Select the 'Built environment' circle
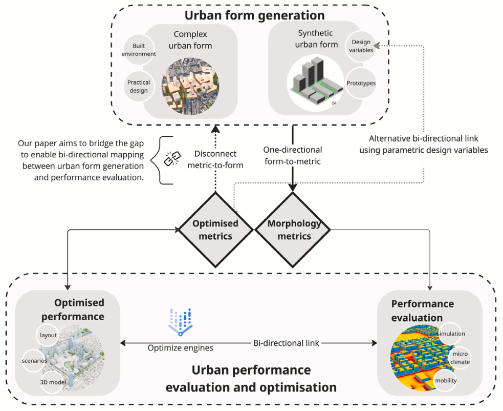pos(139,50)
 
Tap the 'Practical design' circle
pos(139,87)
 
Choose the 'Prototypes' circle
pos(361,83)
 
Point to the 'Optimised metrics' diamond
pos(215,230)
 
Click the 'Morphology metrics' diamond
pos(295,230)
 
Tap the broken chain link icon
pos(170,159)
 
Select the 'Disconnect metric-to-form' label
pos(215,159)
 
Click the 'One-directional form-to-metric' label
pos(293,155)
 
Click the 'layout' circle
pos(49,335)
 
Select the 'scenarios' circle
pos(35,360)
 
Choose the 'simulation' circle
pos(451,334)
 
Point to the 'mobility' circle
pos(445,380)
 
